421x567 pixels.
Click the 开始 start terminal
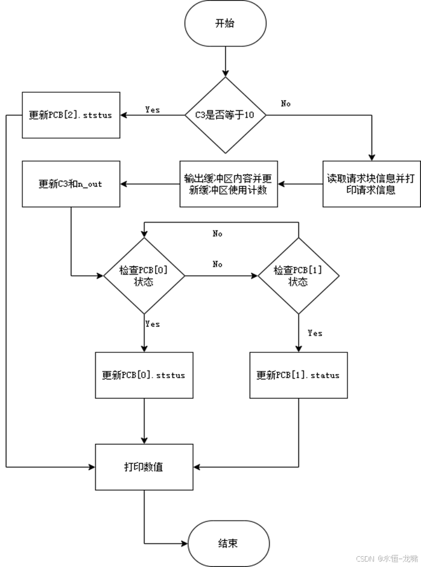pyautogui.click(x=224, y=24)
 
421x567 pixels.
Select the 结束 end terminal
pyautogui.click(x=228, y=543)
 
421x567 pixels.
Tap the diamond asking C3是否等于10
pyautogui.click(x=224, y=115)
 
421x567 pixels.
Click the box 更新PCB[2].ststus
pyautogui.click(x=71, y=115)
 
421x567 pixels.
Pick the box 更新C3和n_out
pyautogui.click(x=71, y=184)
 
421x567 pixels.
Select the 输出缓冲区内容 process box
pyautogui.click(x=229, y=184)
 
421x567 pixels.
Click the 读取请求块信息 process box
pyautogui.click(x=372, y=184)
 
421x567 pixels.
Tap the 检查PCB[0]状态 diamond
pyautogui.click(x=144, y=276)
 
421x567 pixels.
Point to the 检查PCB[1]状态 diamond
pyautogui.click(x=298, y=276)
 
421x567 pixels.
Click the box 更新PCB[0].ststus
pyautogui.click(x=144, y=375)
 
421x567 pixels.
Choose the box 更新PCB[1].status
pyautogui.click(x=298, y=375)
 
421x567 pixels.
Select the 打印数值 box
pyautogui.click(x=144, y=467)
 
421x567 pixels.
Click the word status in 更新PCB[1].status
pyautogui.click(x=326, y=375)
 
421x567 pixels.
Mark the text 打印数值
pyautogui.click(x=144, y=467)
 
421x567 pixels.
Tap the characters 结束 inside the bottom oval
pyautogui.click(x=228, y=543)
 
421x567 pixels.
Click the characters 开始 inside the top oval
pyautogui.click(x=224, y=24)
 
